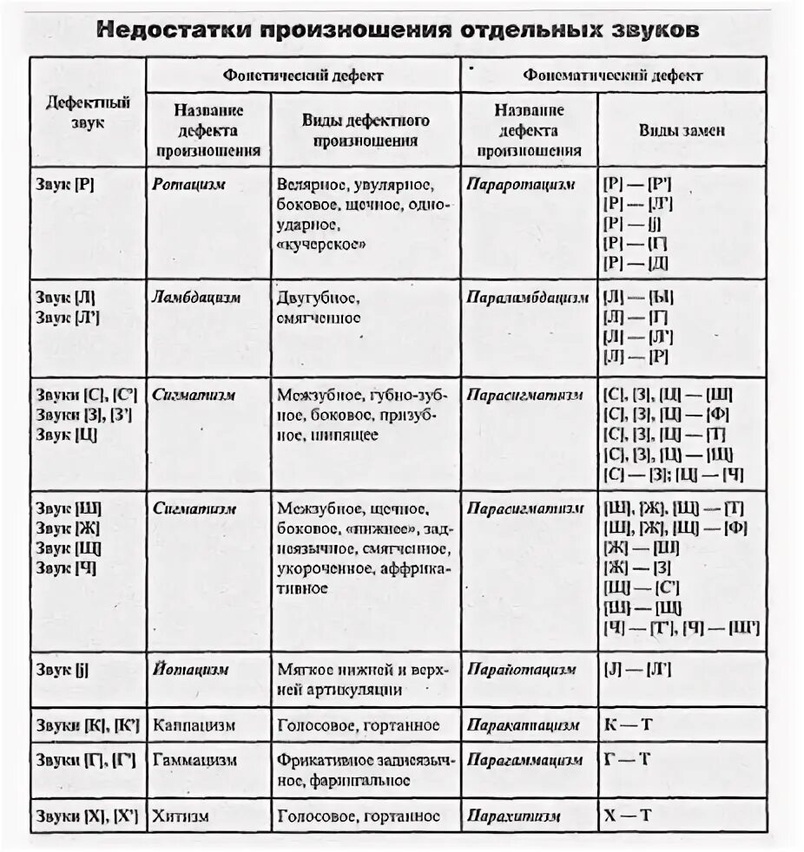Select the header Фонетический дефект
tap(303, 75)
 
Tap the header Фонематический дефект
tap(613, 75)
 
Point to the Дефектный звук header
tap(88, 112)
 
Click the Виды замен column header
tap(682, 130)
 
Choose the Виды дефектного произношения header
tap(366, 130)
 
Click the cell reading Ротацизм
tap(189, 185)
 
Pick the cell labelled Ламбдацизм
tap(196, 298)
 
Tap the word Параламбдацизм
tap(527, 298)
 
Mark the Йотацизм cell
tap(191, 670)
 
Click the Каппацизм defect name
tap(194, 724)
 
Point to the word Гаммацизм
tap(194, 760)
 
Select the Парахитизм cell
tap(513, 816)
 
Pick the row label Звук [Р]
tap(66, 185)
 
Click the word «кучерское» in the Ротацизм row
tap(322, 244)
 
